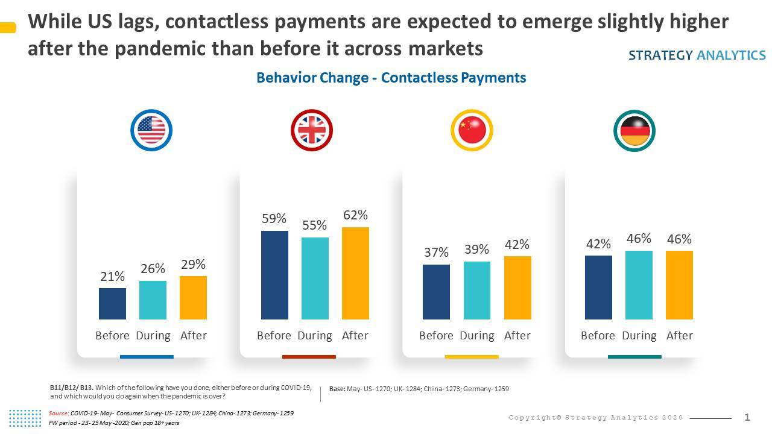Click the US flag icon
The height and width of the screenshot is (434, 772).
point(151,130)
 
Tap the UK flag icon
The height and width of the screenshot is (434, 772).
point(312,130)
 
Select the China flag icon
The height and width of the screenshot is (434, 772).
point(472,130)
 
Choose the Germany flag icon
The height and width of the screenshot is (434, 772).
point(634,130)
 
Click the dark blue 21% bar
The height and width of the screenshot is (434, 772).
point(112,304)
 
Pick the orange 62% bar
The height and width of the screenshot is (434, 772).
point(355,273)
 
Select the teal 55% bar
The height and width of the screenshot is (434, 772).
point(315,278)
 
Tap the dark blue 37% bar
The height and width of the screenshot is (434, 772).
point(436,292)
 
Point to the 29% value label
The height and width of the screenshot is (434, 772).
point(193,264)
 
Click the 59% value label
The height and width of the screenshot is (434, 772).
point(274,219)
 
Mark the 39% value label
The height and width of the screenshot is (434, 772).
point(476,249)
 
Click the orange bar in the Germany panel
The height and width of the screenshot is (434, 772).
point(679,285)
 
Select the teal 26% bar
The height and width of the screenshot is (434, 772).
point(153,300)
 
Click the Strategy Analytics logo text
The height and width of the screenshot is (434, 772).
point(697,55)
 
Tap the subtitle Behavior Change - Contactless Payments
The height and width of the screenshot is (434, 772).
point(391,78)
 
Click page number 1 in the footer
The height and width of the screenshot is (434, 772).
point(747,417)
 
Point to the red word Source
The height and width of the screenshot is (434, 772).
point(59,414)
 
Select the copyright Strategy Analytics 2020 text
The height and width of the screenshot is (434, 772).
point(596,418)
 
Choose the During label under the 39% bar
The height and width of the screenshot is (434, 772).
point(476,336)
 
